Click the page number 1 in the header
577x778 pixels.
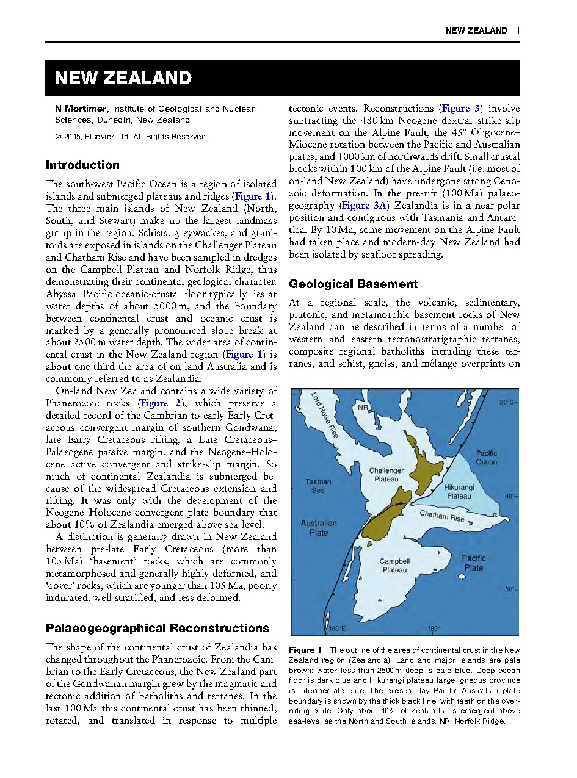point(517,31)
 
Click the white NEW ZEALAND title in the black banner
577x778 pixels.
point(123,78)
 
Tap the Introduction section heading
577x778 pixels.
point(82,165)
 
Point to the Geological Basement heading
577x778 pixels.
point(353,284)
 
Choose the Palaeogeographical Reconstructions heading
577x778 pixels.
point(157,628)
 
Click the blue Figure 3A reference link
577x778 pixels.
point(363,206)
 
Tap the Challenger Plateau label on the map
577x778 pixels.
point(386,475)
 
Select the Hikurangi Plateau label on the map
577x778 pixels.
point(458,492)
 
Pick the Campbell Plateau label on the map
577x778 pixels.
point(394,566)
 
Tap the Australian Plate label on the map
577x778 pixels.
point(318,528)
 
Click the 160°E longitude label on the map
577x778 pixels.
point(338,629)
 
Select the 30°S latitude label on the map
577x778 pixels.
point(506,403)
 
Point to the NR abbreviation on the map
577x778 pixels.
point(363,407)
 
